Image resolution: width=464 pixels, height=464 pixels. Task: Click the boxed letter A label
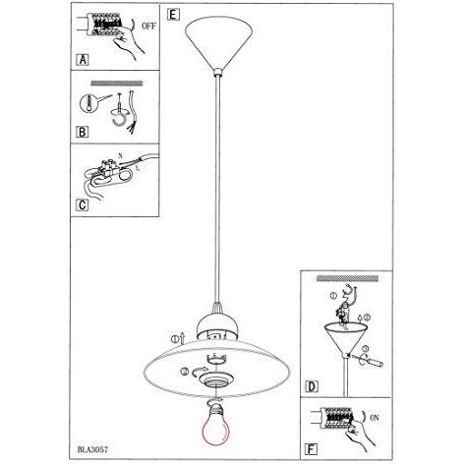(84, 60)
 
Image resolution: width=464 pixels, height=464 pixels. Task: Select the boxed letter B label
(83, 132)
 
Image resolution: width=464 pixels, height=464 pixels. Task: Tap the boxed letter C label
(83, 205)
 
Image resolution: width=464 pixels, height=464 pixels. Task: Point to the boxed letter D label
(312, 386)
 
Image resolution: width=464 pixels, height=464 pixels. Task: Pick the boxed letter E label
(173, 15)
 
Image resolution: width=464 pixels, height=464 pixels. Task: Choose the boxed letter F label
(311, 448)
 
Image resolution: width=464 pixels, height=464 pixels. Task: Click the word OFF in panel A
(149, 26)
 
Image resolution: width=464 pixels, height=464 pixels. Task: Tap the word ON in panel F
(375, 418)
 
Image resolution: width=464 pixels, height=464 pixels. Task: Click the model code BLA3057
(92, 449)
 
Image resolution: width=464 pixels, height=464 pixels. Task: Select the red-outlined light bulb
(216, 424)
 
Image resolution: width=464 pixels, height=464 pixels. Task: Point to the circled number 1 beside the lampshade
(175, 339)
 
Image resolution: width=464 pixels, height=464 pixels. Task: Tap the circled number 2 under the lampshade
(184, 372)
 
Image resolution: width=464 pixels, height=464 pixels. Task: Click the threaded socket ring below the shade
(217, 379)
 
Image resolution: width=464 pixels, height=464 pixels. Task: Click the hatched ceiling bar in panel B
(117, 84)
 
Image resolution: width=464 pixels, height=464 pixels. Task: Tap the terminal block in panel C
(110, 166)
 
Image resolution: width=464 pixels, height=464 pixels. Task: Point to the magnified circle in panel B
(87, 104)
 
